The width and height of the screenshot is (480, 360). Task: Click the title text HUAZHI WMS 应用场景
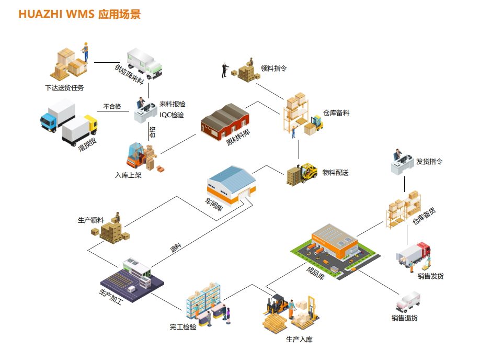[x=79, y=14]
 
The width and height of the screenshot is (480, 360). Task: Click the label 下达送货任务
[x=64, y=87]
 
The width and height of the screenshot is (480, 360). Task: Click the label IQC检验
[x=172, y=115]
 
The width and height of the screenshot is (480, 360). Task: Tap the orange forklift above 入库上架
[x=135, y=155]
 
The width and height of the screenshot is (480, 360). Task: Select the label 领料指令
[x=273, y=68]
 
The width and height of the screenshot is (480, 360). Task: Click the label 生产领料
[x=91, y=220]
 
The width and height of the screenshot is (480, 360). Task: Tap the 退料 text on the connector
[x=176, y=248]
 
